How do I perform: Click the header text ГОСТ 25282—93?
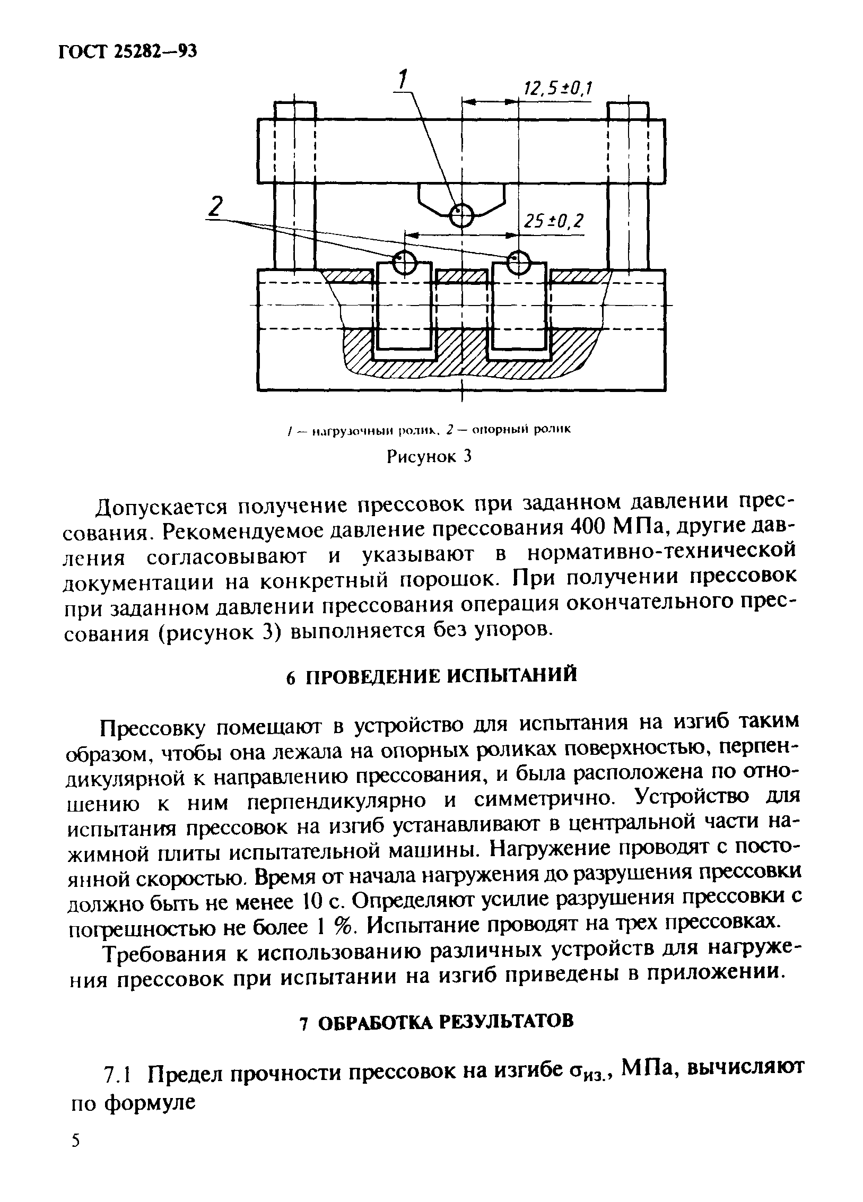pos(127,51)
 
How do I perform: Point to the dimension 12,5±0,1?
pos(557,89)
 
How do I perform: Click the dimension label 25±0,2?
pos(552,222)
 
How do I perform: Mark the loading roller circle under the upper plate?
pos(462,215)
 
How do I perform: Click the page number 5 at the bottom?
pos(76,1139)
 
